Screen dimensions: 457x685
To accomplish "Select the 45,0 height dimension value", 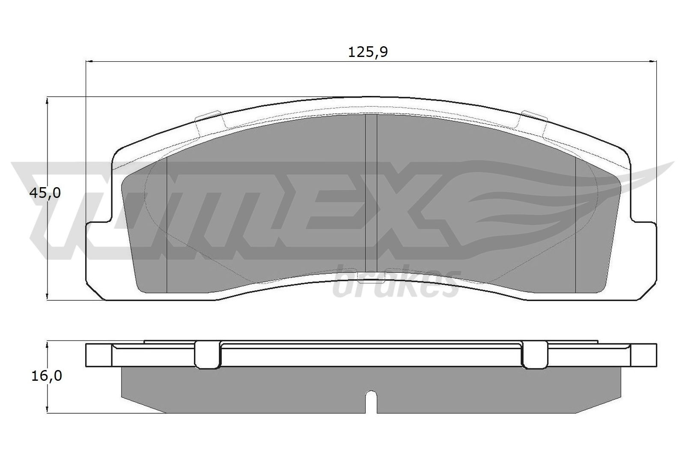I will coord(45,193).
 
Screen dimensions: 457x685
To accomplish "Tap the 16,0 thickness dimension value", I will coord(47,376).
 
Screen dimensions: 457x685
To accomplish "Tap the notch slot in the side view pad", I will coord(371,403).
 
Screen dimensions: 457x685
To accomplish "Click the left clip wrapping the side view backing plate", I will coord(208,355).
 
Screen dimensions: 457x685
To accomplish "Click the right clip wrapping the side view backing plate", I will coord(534,355).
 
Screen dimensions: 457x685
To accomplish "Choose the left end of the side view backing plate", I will coord(98,355).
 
